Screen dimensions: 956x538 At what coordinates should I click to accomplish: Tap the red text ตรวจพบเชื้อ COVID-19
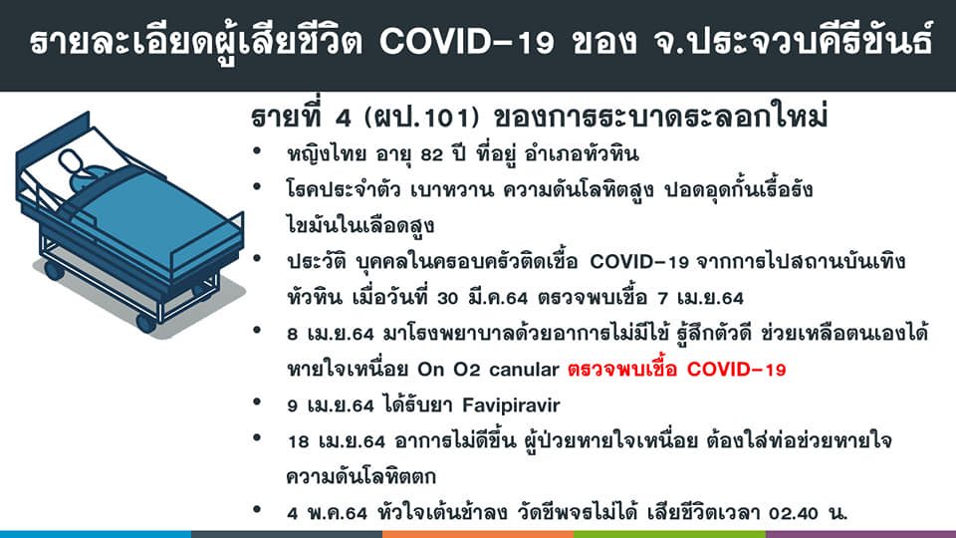click(677, 370)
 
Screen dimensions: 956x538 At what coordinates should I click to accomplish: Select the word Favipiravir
click(511, 405)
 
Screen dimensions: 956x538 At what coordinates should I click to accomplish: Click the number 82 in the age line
click(431, 154)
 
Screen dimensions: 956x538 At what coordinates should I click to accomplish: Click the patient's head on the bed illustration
click(73, 162)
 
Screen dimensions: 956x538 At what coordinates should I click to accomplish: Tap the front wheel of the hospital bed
click(145, 323)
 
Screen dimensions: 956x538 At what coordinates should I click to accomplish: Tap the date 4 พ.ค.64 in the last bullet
click(327, 514)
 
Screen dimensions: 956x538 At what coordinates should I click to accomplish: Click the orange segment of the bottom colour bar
click(478, 534)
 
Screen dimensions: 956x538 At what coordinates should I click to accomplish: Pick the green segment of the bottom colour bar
click(669, 534)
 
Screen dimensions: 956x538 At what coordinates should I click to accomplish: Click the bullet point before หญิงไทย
click(257, 150)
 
